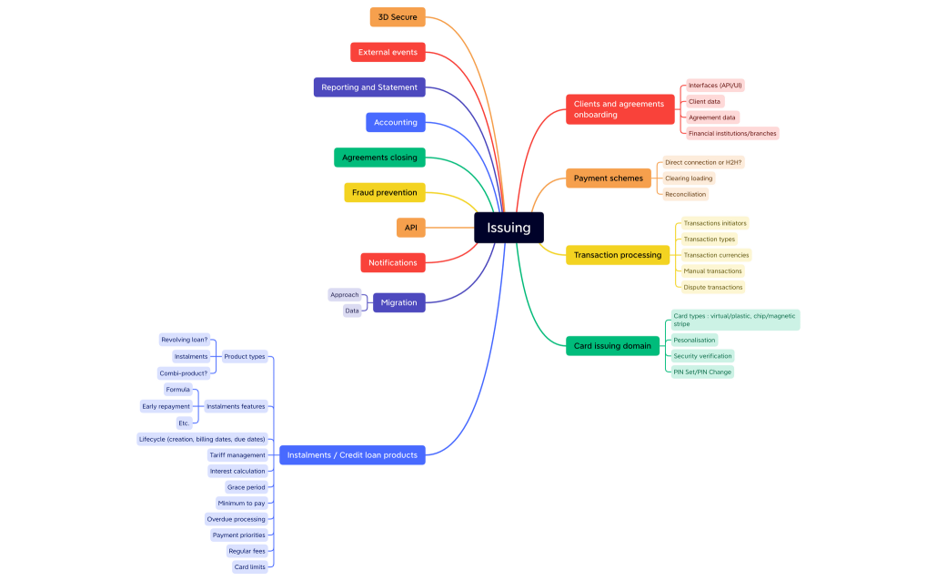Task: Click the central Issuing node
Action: pyautogui.click(x=509, y=228)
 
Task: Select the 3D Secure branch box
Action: pyautogui.click(x=398, y=17)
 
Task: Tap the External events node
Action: pyautogui.click(x=388, y=52)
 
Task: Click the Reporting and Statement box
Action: pyautogui.click(x=369, y=87)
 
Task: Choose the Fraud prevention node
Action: pyautogui.click(x=384, y=192)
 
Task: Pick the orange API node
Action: pyautogui.click(x=410, y=228)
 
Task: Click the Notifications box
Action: pyautogui.click(x=392, y=262)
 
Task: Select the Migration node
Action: pyautogui.click(x=398, y=302)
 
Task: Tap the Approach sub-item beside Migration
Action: pyautogui.click(x=345, y=295)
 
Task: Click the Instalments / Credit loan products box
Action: pyautogui.click(x=352, y=454)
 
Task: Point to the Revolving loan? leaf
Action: pyautogui.click(x=185, y=340)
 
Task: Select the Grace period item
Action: pyautogui.click(x=247, y=487)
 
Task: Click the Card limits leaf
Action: pyautogui.click(x=249, y=566)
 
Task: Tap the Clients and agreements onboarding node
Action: pyautogui.click(x=619, y=109)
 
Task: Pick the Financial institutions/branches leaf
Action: pyautogui.click(x=732, y=133)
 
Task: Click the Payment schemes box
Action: pyautogui.click(x=608, y=178)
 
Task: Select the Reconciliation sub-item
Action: pyautogui.click(x=685, y=194)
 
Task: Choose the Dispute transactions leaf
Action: pyautogui.click(x=713, y=287)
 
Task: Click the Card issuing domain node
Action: pyautogui.click(x=612, y=346)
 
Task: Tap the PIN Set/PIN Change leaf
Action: pyautogui.click(x=701, y=372)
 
